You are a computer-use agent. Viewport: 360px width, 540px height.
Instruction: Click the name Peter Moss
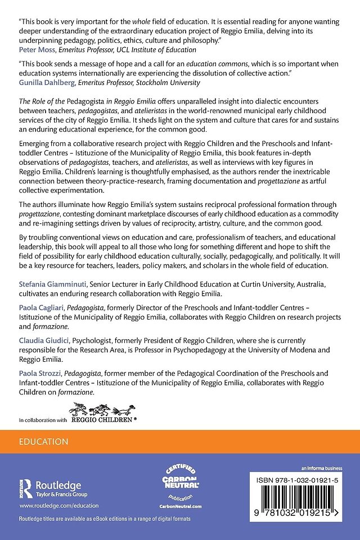coord(37,49)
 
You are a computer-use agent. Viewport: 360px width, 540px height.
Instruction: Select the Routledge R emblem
coord(26,487)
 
